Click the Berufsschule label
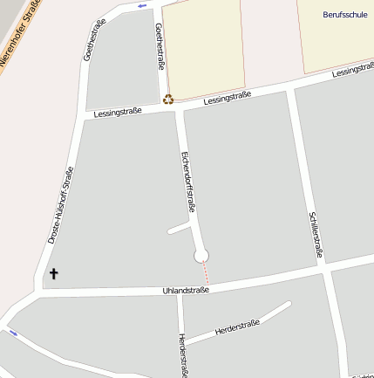coord(344,15)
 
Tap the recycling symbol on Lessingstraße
coord(168,100)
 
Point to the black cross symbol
coord(53,273)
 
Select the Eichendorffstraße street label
coord(187,182)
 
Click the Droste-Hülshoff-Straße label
coord(61,204)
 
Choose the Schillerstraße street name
coord(316,235)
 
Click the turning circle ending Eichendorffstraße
coord(201,255)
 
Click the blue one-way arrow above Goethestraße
coord(142,6)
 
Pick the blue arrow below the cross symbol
coord(12,333)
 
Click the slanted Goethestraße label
coord(91,43)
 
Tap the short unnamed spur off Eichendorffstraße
coord(178,229)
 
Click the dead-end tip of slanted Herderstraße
coord(288,305)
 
